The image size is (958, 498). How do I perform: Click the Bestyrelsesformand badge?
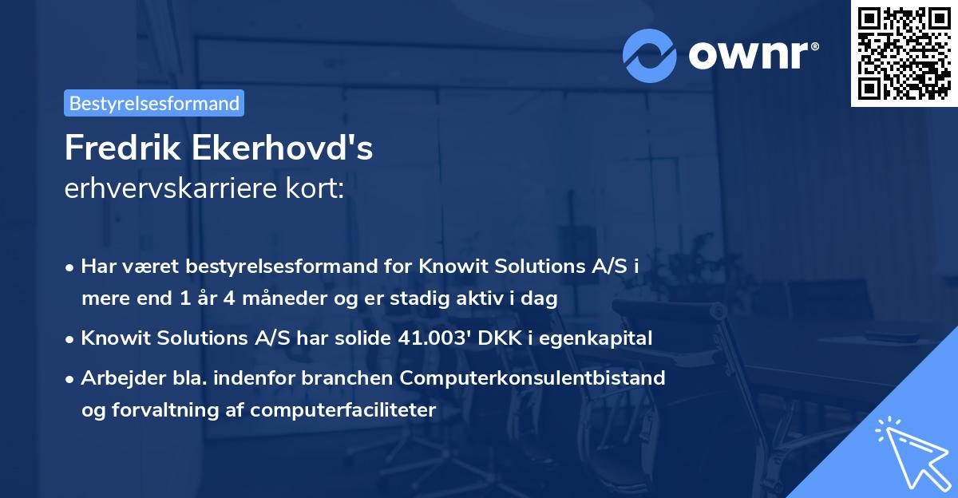(x=154, y=103)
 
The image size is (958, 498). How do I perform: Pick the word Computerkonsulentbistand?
(x=543, y=377)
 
